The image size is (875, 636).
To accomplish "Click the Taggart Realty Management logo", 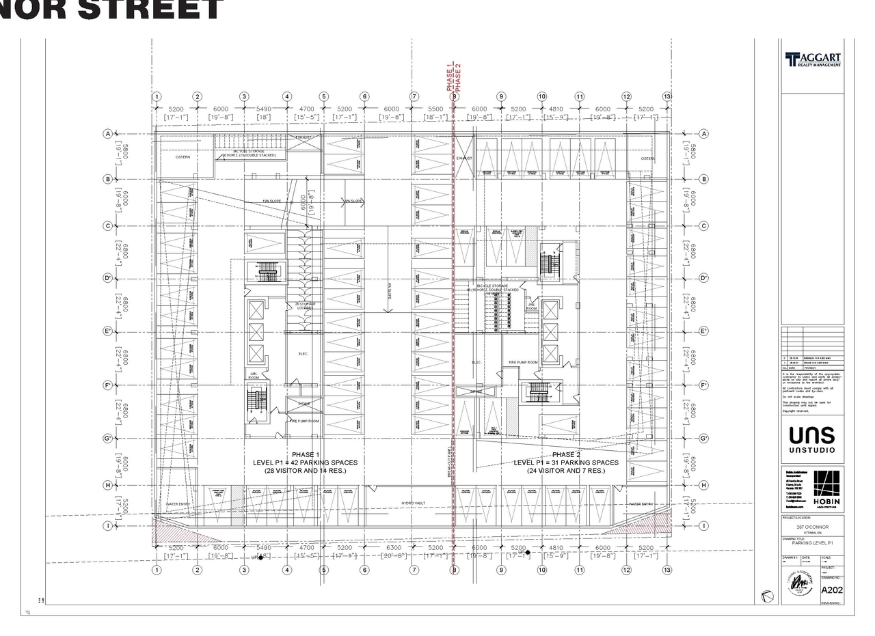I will pos(813,60).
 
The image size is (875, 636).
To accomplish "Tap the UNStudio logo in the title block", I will pos(812,439).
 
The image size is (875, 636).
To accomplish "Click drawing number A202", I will pos(831,590).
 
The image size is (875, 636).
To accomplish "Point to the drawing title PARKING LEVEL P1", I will pos(809,543).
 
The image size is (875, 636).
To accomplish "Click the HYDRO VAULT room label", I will pos(413,503).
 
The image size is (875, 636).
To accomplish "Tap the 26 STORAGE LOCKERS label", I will pos(304,306).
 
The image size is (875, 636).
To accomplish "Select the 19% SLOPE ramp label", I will pos(271,202).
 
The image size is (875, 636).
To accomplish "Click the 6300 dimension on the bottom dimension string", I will pos(394,548).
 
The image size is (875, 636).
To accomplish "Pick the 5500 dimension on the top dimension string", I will pos(435,109).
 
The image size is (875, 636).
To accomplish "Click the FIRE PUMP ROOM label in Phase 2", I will pos(523,363).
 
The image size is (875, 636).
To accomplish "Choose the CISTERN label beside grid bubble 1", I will pos(183,157).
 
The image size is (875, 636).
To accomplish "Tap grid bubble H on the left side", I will pos(107,485).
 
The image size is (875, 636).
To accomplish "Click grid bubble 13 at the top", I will pos(667,97).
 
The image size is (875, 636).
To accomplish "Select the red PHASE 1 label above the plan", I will pos(450,77).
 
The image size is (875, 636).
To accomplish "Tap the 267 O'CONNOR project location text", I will pos(811,527).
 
